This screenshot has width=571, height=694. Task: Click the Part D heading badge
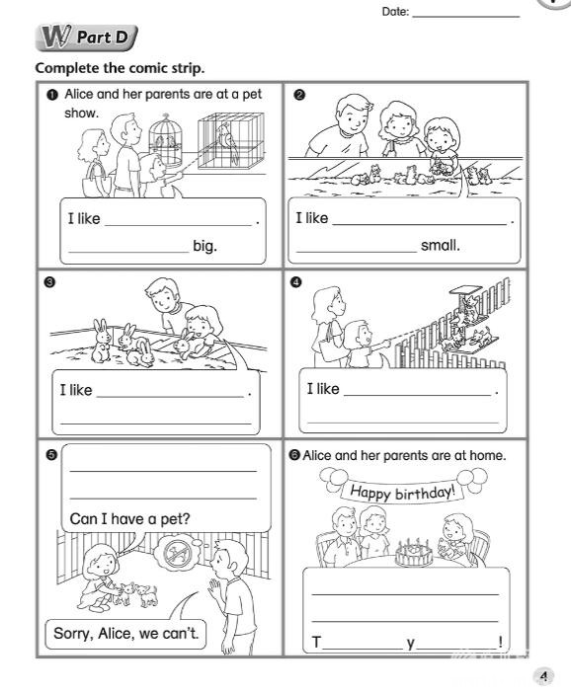87,38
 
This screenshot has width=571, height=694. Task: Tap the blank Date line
466,17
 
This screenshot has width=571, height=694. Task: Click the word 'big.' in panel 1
204,246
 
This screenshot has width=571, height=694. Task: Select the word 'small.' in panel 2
441,245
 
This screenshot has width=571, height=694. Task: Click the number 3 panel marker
49,282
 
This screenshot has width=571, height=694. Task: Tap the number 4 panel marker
296,282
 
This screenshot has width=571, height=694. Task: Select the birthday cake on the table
414,553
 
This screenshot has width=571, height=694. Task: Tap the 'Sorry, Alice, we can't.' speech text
126,634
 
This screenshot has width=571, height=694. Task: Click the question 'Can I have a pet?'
129,518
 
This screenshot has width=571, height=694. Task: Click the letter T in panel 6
316,642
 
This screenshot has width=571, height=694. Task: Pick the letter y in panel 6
411,643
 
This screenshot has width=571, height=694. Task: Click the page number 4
544,676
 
